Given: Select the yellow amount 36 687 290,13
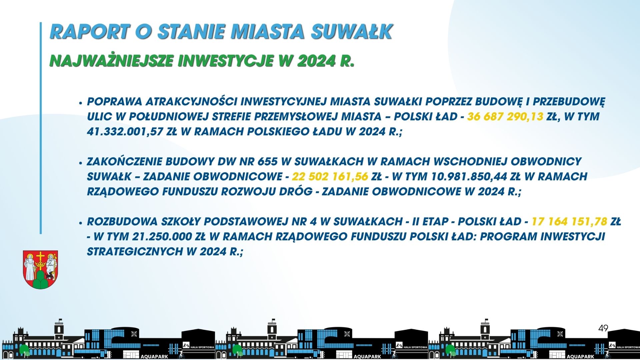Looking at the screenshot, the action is [x=505, y=116].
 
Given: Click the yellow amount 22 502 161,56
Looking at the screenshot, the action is [x=330, y=176].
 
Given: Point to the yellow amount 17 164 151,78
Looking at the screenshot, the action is [x=569, y=221].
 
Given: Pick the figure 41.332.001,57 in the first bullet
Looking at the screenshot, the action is [x=125, y=132].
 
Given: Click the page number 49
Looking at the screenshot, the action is [x=603, y=328].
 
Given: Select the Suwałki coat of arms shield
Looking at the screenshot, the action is [x=40, y=269].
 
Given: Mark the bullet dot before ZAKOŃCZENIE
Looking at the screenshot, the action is [x=80, y=163].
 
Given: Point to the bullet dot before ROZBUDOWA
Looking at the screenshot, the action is [x=80, y=223].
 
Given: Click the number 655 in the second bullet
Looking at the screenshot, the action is [x=267, y=161].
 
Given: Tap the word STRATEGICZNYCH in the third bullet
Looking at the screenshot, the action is [x=135, y=251].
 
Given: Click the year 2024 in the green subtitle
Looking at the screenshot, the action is [x=316, y=61].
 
